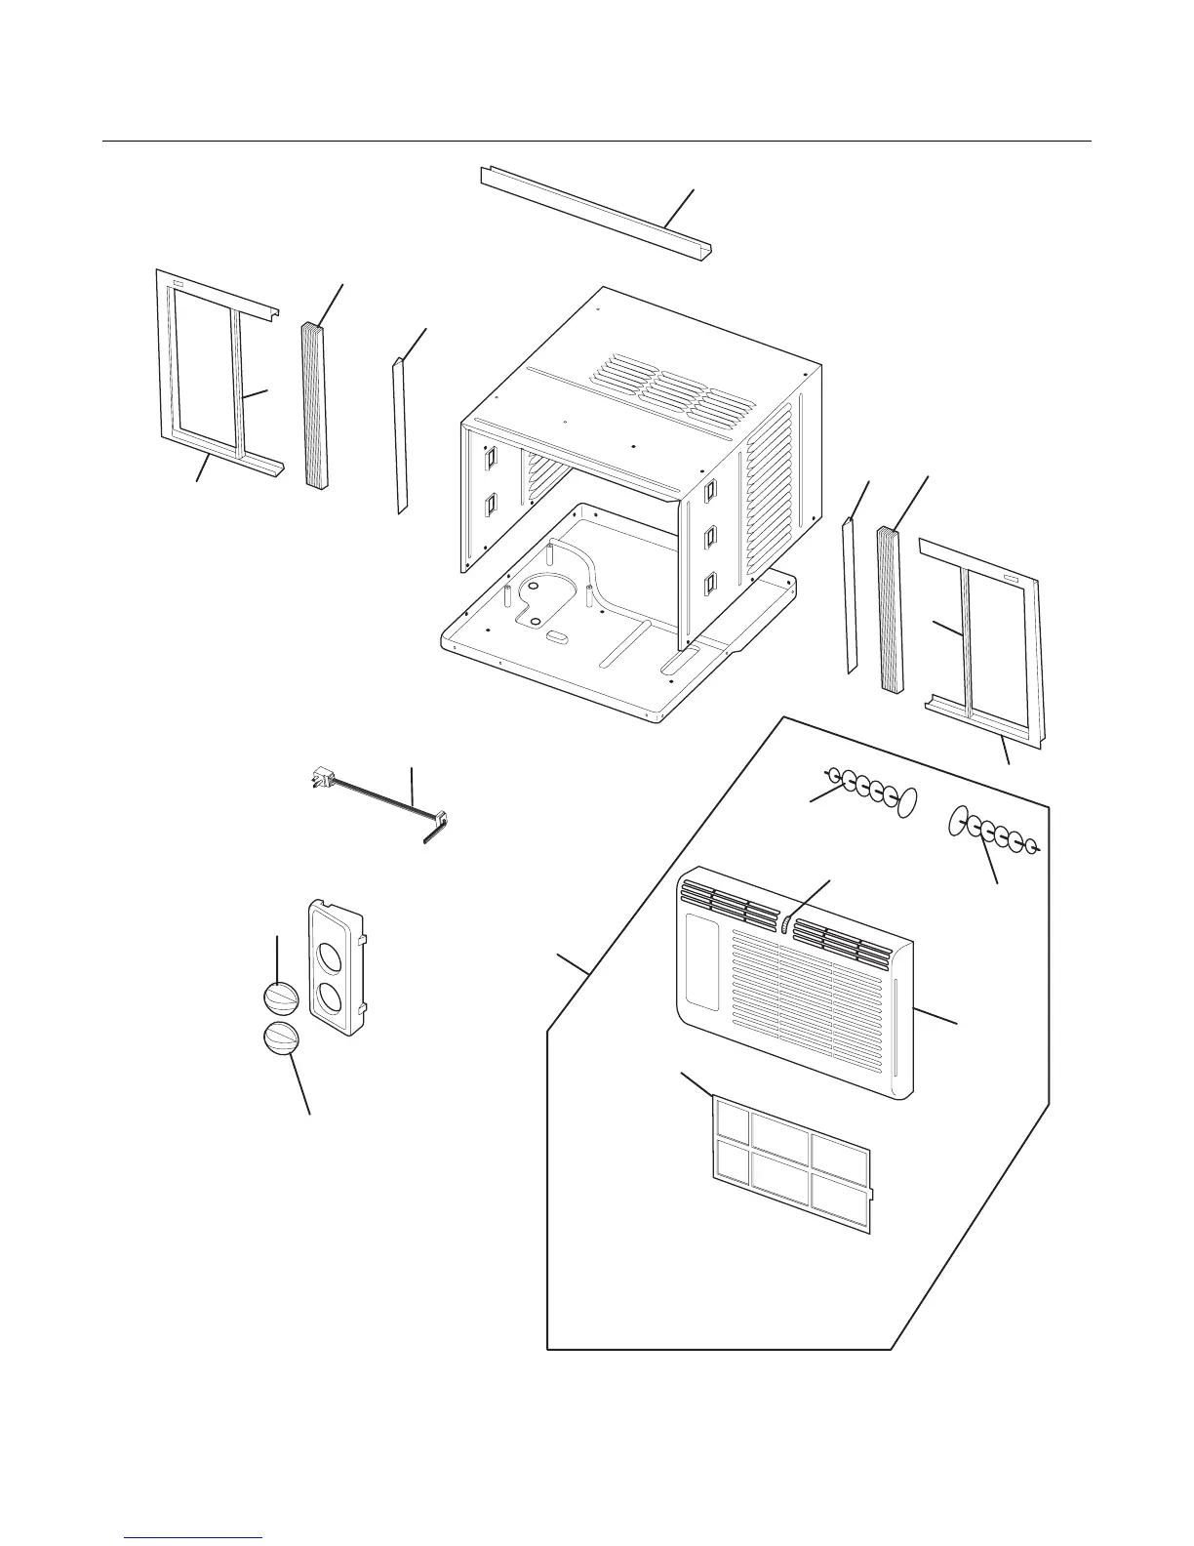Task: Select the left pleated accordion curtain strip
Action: click(314, 405)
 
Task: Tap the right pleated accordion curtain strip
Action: click(891, 609)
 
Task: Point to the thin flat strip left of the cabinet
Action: click(399, 435)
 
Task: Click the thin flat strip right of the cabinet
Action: click(850, 595)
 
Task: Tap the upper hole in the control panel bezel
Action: click(328, 948)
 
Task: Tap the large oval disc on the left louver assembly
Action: click(907, 802)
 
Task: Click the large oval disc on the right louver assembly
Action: click(957, 821)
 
